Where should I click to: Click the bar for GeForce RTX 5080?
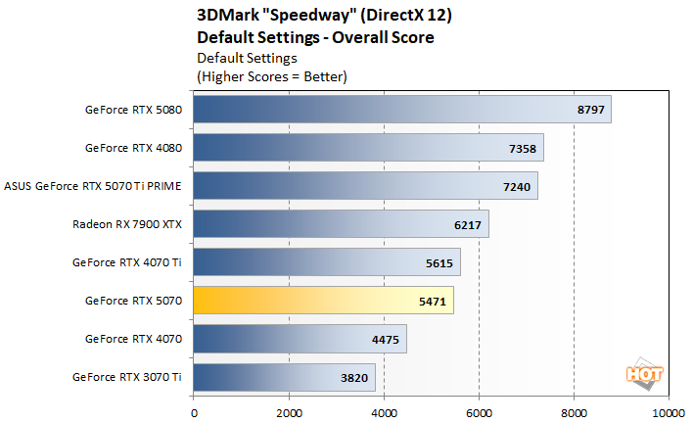pyautogui.click(x=401, y=110)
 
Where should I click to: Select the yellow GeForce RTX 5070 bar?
pyautogui.click(x=323, y=301)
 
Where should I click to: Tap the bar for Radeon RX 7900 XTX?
pyautogui.click(x=341, y=224)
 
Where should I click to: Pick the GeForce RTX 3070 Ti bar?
pyautogui.click(x=284, y=377)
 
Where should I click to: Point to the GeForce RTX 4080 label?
pyautogui.click(x=134, y=148)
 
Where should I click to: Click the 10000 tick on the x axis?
pyautogui.click(x=669, y=412)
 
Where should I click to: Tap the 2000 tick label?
pyautogui.click(x=289, y=412)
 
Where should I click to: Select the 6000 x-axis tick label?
pyautogui.click(x=479, y=412)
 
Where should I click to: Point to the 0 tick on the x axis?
pyautogui.click(x=194, y=412)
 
